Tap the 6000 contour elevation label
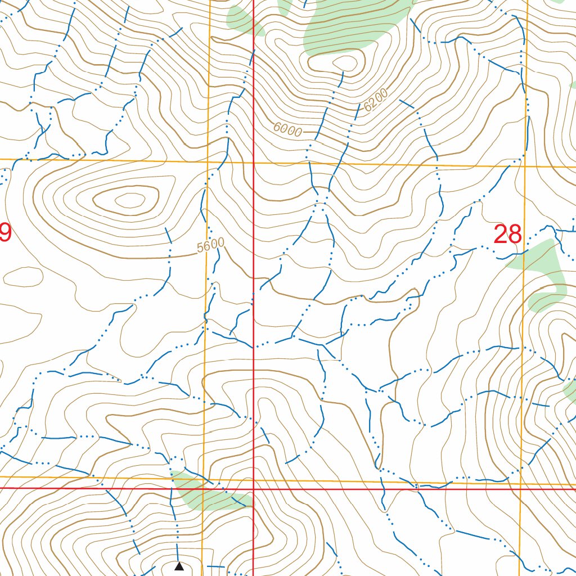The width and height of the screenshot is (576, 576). pyautogui.click(x=287, y=129)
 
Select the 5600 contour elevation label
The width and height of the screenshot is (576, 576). pyautogui.click(x=211, y=246)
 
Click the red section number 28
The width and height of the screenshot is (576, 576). pyautogui.click(x=508, y=234)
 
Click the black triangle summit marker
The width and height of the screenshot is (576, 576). pyautogui.click(x=179, y=566)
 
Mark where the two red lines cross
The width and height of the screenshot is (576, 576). pyautogui.click(x=253, y=489)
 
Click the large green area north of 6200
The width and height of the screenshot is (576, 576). pyautogui.click(x=349, y=25)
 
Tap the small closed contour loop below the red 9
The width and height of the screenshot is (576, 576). pyautogui.click(x=21, y=276)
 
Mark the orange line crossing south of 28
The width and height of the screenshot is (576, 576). pyautogui.click(x=520, y=484)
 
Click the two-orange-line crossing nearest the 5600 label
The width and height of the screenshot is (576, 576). pyautogui.click(x=208, y=163)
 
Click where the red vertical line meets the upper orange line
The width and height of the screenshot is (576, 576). pyautogui.click(x=253, y=163)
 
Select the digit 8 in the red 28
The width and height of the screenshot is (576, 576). pyautogui.click(x=515, y=234)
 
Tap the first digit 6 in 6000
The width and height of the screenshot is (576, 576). pyautogui.click(x=277, y=127)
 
